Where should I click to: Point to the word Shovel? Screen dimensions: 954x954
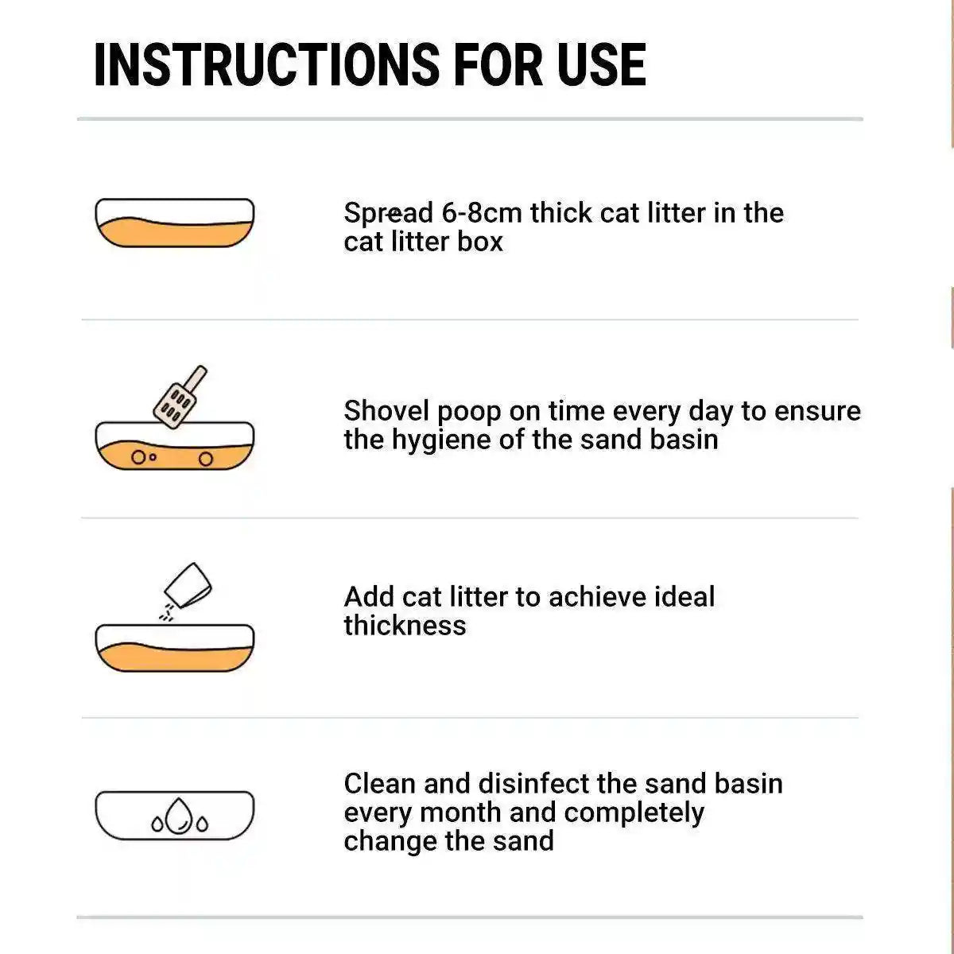pos(387,411)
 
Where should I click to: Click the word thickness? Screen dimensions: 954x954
pos(405,626)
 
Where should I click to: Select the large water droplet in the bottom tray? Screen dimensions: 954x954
pos(180,816)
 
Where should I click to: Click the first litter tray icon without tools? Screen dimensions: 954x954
pos(174,223)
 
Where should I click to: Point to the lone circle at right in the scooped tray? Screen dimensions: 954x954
pos(205,459)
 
